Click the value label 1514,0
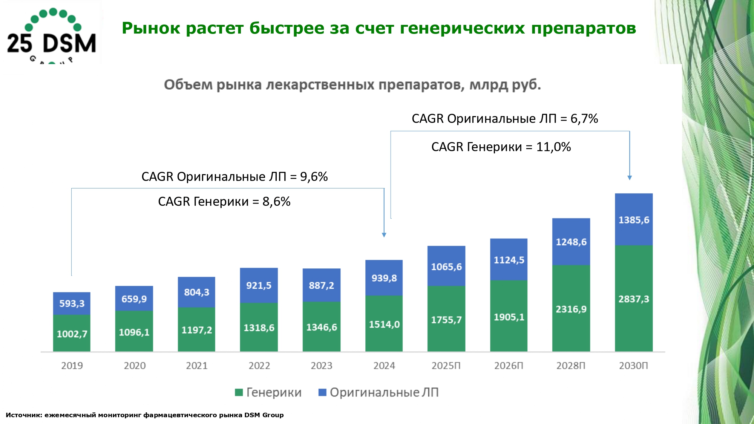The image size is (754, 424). point(384,324)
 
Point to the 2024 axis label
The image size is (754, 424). point(384,366)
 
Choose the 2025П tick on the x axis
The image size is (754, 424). point(446,366)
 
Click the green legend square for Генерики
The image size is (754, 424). point(239,392)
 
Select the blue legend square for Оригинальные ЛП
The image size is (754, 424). point(322,392)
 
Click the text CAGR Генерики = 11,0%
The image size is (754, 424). point(501,147)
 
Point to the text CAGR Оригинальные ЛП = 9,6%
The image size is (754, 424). point(234,176)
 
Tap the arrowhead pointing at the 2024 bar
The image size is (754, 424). point(384,235)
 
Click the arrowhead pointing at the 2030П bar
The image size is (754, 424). point(629,178)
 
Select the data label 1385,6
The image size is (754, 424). point(634,220)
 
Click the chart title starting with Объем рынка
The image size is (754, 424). point(352,85)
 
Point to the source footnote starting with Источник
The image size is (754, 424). point(144,415)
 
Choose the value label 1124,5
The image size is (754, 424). point(509,260)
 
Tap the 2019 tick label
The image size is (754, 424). point(72,366)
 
